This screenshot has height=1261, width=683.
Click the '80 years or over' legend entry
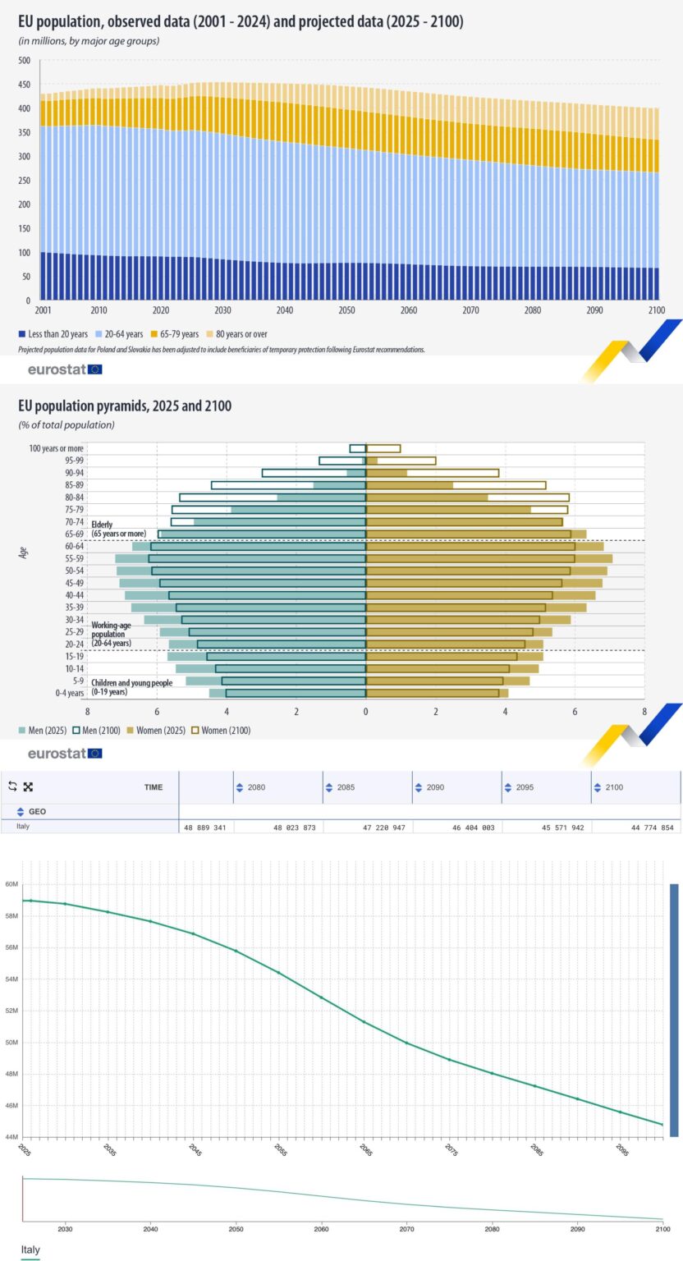pos(235,334)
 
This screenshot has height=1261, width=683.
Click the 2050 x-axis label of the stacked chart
pos(347,311)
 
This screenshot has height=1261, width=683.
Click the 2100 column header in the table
pos(613,787)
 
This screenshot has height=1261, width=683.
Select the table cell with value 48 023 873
pos(286,828)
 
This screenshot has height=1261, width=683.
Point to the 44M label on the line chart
pos(11,1136)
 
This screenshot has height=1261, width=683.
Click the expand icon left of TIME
pos(27,786)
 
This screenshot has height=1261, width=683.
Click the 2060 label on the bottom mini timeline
pos(321,1229)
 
